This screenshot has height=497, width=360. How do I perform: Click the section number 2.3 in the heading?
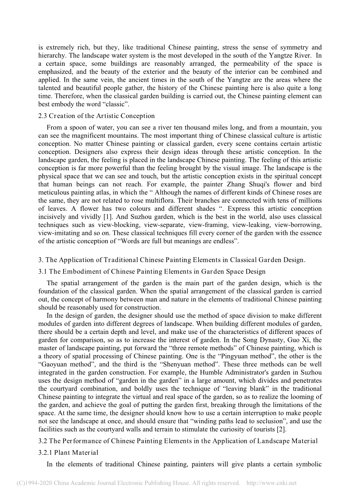42,116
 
